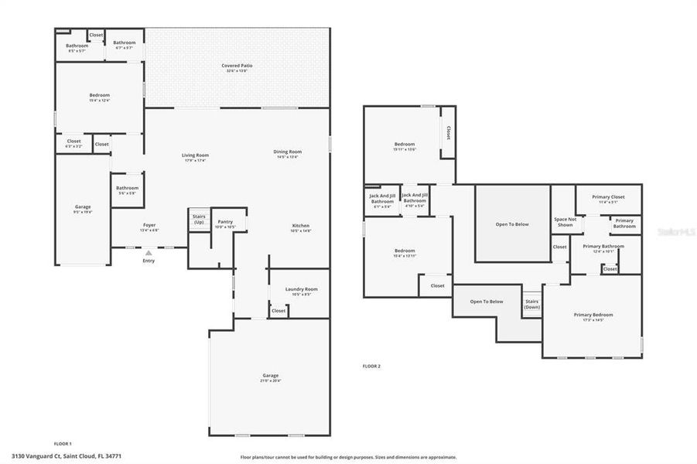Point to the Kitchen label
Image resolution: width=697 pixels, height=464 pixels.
300,228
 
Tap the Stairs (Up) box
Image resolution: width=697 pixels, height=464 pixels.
199,220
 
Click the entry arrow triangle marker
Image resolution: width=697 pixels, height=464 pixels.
149,252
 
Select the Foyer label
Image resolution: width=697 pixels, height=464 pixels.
149,227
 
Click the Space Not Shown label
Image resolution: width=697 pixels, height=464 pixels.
565,222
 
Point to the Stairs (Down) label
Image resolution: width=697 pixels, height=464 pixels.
531,304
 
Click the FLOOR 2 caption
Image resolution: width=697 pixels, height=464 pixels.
371,366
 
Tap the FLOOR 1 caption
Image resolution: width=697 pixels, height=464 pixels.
63,443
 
